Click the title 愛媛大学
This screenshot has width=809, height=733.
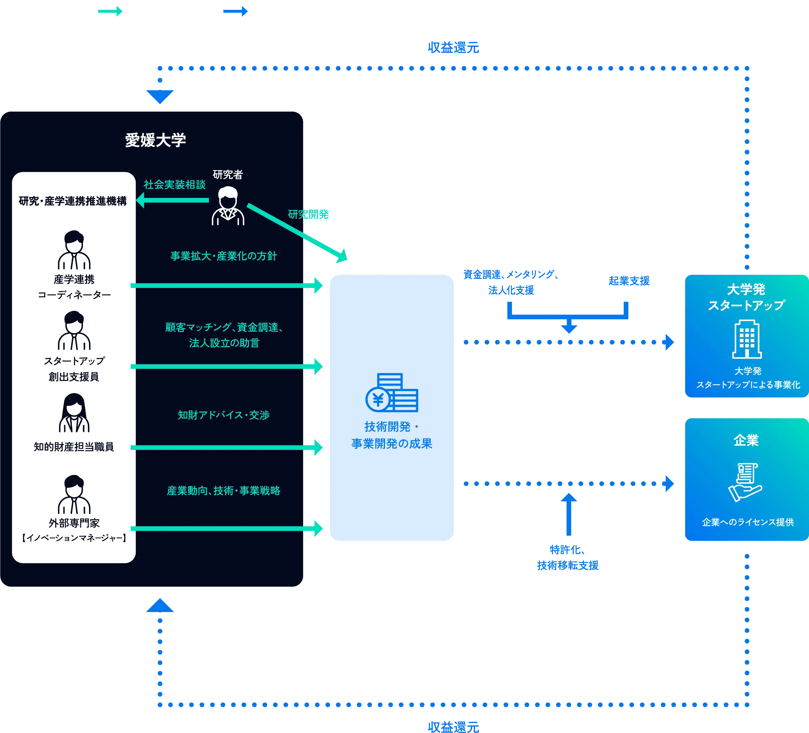pyautogui.click(x=155, y=140)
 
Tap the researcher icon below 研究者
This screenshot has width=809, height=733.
pyautogui.click(x=228, y=206)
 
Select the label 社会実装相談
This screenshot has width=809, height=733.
pyautogui.click(x=175, y=185)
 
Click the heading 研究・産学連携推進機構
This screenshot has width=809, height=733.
pyautogui.click(x=73, y=201)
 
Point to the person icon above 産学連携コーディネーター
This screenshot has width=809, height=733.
pyautogui.click(x=74, y=250)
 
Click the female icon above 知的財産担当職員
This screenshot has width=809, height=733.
pyautogui.click(x=74, y=413)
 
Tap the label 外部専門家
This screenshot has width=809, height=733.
pyautogui.click(x=74, y=523)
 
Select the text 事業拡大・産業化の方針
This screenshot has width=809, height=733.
pyautogui.click(x=223, y=256)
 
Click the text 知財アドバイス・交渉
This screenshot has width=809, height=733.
pyautogui.click(x=223, y=415)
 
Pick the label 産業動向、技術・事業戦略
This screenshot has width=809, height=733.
pyautogui.click(x=223, y=491)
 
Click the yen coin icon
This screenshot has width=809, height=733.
pyautogui.click(x=378, y=399)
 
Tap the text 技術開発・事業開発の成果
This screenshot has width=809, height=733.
pyautogui.click(x=392, y=435)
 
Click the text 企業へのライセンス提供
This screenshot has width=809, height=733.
pyautogui.click(x=748, y=522)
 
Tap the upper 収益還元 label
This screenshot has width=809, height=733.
pyautogui.click(x=453, y=48)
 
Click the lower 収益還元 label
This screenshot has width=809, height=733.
pyautogui.click(x=453, y=726)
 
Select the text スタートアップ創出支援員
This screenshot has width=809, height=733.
pyautogui.click(x=74, y=369)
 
